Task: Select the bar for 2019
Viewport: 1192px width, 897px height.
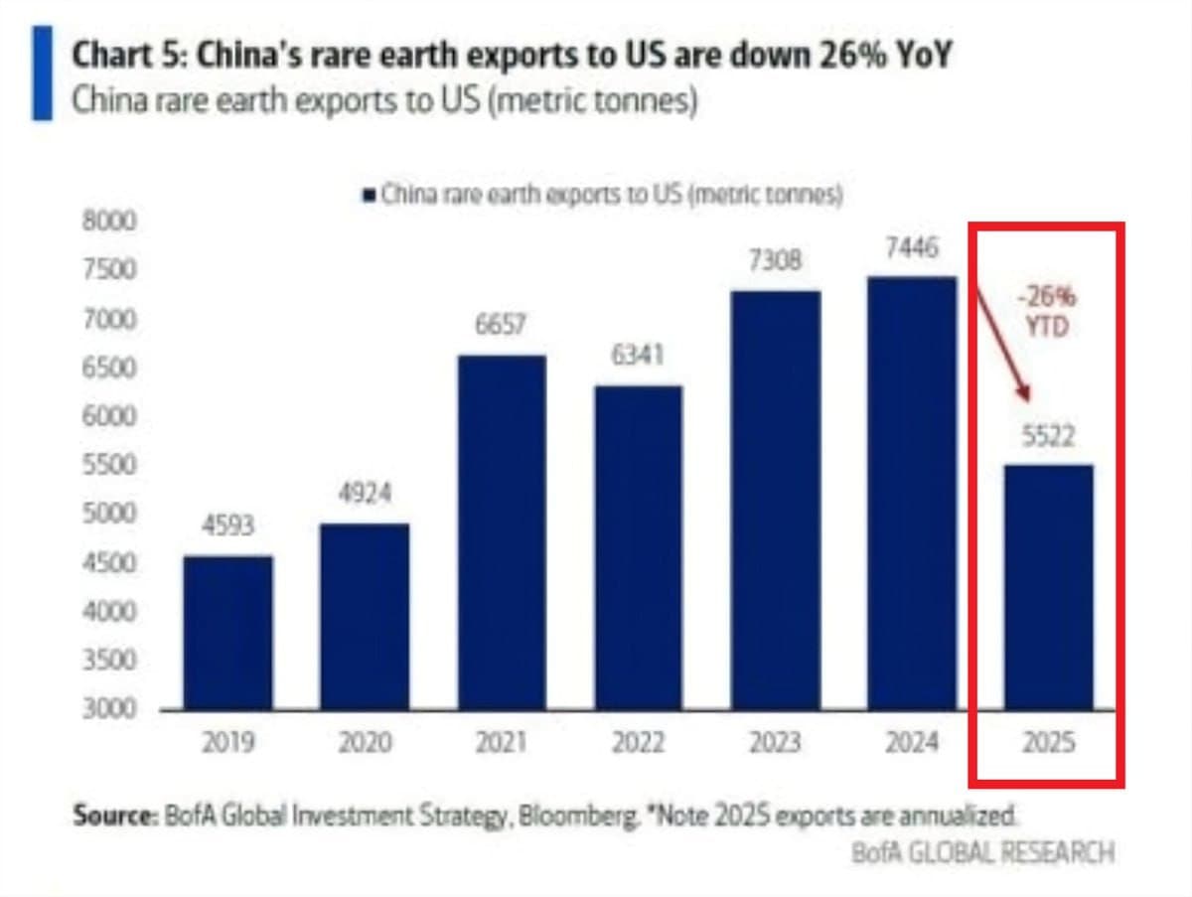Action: (228, 633)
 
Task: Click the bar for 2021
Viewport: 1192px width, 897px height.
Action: (503, 532)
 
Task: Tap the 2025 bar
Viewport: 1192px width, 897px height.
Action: (1050, 587)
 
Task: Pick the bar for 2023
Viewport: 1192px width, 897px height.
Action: (776, 501)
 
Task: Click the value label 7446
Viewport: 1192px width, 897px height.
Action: (912, 249)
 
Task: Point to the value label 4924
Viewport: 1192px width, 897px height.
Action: (365, 495)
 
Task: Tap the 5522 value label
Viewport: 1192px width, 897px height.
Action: (1049, 435)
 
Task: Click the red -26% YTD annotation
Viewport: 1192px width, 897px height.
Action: (1046, 312)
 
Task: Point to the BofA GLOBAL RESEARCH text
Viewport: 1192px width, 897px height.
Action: (982, 852)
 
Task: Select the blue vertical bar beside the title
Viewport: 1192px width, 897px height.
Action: (42, 74)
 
